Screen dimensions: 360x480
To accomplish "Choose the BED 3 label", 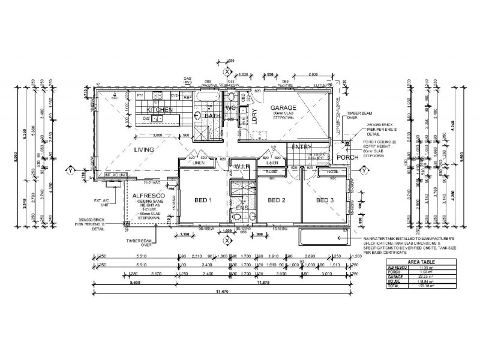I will (325, 200).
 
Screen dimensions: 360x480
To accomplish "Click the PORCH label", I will (347, 158).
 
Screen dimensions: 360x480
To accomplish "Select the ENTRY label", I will (300, 147).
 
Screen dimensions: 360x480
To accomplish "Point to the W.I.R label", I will (242, 166).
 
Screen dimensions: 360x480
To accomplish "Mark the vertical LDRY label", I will (254, 116).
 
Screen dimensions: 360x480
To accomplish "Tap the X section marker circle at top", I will (227, 71).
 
